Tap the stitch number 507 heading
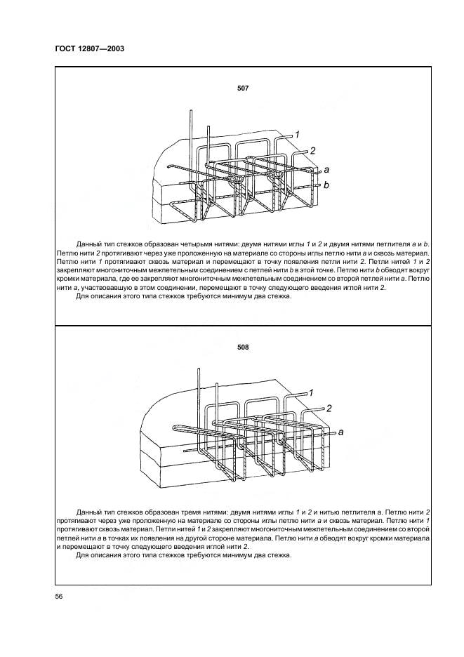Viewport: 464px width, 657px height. click(243, 89)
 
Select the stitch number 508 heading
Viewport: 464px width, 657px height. click(243, 347)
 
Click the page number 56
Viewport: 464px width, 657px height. click(59, 596)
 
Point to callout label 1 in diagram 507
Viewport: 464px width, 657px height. click(297, 134)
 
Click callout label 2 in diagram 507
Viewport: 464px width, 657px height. click(312, 151)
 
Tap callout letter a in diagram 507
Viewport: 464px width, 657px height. click(326, 170)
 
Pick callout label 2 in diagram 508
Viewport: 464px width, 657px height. click(328, 408)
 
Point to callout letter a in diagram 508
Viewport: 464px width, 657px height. click(341, 432)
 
